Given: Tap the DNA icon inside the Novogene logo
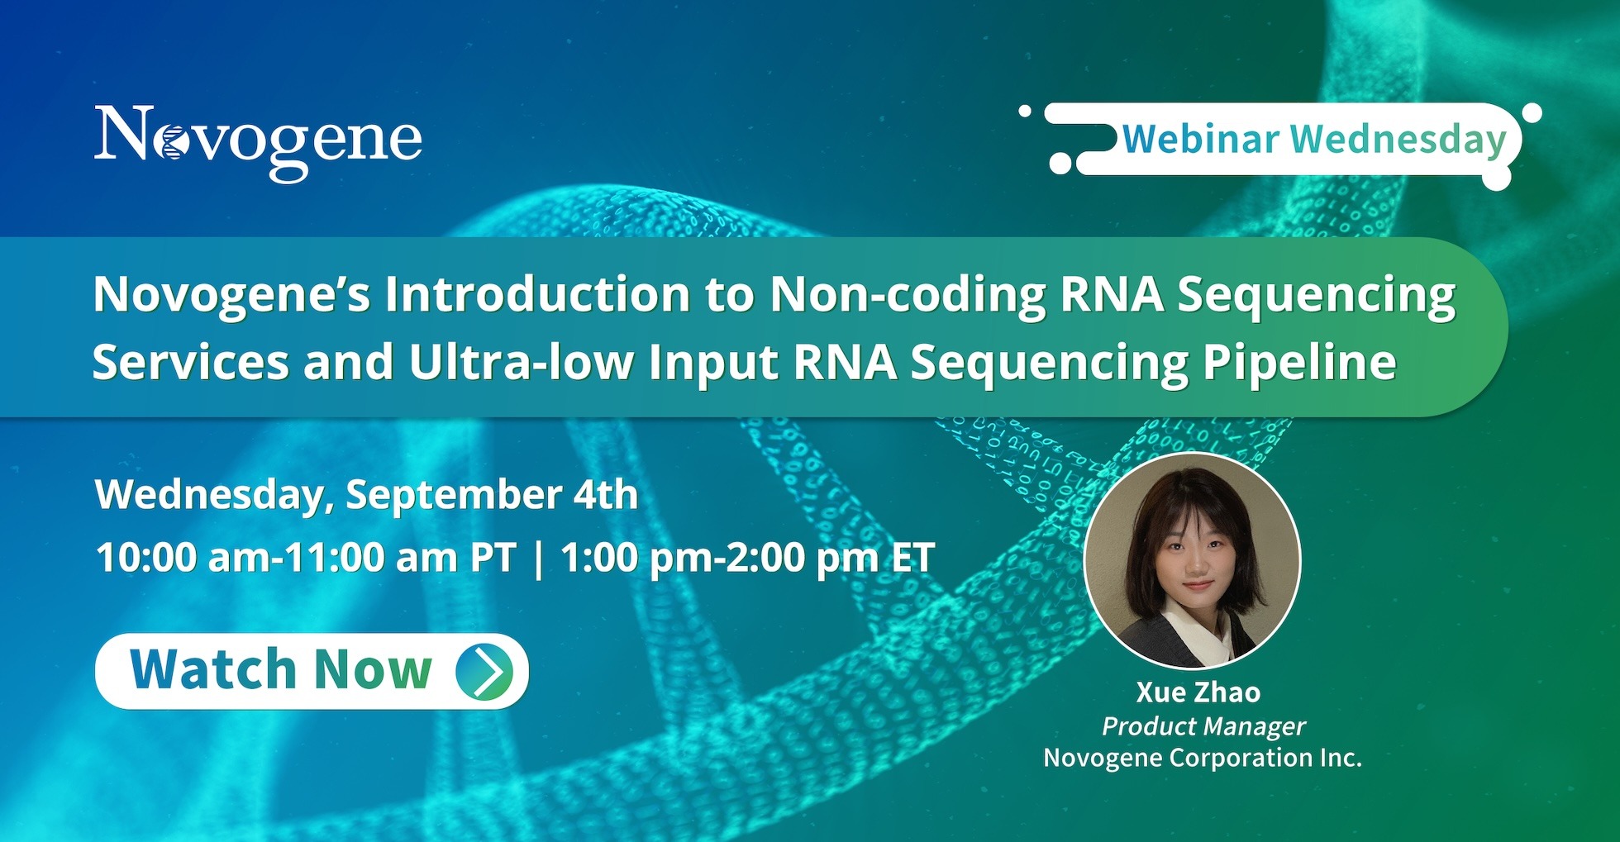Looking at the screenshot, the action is coord(171,142).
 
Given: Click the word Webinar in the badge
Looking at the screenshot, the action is coord(1201,139).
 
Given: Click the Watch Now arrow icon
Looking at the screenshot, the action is coord(485,671).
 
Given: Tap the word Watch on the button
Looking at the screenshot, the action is coord(212,669).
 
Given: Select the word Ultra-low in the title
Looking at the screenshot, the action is coord(521,362).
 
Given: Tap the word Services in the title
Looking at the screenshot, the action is coord(190,362).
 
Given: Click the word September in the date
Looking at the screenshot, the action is coord(454,496).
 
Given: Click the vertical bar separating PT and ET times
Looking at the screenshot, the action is coord(539,559).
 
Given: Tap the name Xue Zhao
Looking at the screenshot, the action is coord(1198,692).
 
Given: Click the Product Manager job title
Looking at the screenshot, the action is coord(1203,726).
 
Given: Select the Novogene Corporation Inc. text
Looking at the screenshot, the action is coord(1203,758).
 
